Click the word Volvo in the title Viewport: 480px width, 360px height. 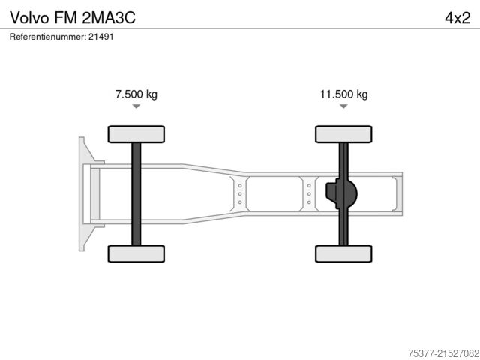(28, 16)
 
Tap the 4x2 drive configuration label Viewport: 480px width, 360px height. (457, 16)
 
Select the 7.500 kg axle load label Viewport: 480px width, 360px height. (136, 94)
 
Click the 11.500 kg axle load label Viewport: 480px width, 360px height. (343, 94)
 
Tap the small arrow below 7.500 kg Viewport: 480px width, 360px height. (136, 106)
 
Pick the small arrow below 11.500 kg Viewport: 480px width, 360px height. (343, 106)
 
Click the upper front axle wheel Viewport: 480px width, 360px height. (136, 134)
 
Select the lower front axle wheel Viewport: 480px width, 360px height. (136, 253)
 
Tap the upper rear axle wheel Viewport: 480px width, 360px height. (343, 134)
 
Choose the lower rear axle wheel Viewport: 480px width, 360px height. (343, 253)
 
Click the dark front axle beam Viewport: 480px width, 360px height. (136, 193)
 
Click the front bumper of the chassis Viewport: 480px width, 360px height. (84, 193)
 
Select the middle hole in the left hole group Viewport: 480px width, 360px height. (239, 193)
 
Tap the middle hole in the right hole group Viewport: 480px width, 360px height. (309, 193)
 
